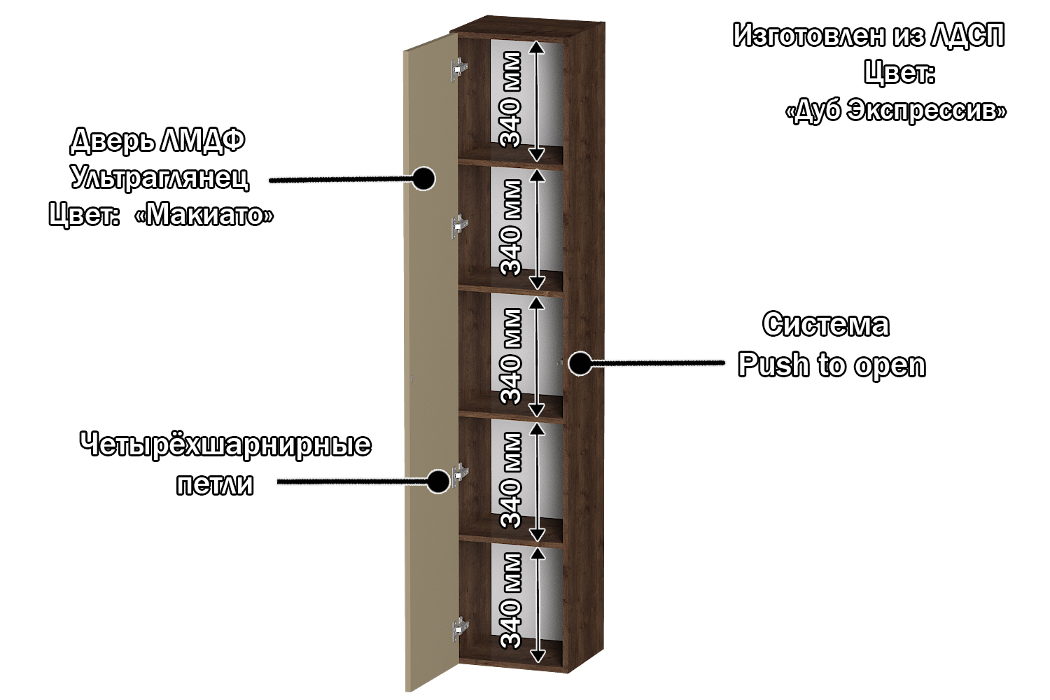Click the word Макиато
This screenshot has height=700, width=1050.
click(x=203, y=214)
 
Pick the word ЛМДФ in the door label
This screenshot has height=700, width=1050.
click(x=202, y=141)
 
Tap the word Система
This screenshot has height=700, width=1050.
click(x=826, y=325)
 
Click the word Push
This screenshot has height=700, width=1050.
click(x=774, y=365)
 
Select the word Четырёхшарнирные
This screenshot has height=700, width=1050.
click(x=225, y=445)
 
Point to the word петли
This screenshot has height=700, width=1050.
click(x=214, y=484)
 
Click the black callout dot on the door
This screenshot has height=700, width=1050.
click(x=423, y=178)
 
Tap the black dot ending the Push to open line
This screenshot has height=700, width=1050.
click(x=579, y=363)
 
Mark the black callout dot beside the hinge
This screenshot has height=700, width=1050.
click(x=438, y=481)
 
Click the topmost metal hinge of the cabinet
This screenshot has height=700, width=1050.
click(x=459, y=68)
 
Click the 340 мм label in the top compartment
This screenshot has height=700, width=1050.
click(x=512, y=99)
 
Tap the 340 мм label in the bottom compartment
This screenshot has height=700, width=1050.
click(x=512, y=600)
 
